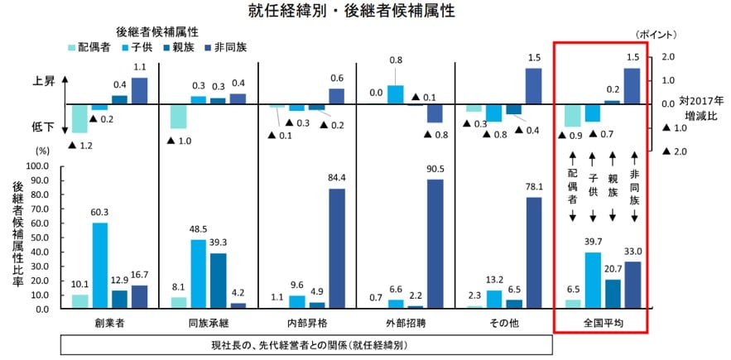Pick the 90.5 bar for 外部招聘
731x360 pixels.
[435, 243]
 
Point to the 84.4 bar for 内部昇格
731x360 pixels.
[337, 248]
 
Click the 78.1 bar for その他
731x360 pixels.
[533, 252]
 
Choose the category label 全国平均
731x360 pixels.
[603, 320]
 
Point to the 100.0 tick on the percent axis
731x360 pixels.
[38, 166]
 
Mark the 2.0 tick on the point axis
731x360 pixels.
[670, 57]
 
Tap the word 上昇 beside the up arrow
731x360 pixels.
[43, 82]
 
